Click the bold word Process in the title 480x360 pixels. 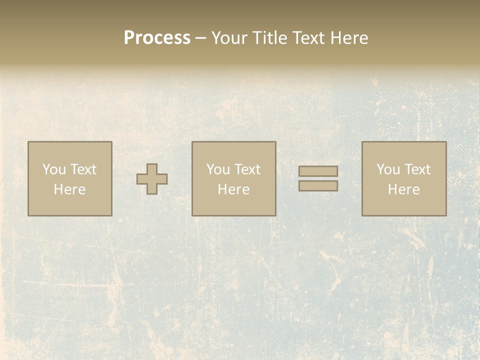tap(157, 38)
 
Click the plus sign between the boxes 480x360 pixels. tap(152, 179)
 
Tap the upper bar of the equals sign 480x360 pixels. tap(318, 171)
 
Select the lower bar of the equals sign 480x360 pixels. tap(318, 186)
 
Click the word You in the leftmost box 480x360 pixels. tap(54, 169)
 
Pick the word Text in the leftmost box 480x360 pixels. tap(83, 169)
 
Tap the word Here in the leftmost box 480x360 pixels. tap(69, 189)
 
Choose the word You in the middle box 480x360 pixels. tap(218, 169)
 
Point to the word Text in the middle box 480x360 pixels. tap(247, 169)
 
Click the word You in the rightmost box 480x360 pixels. tap(388, 169)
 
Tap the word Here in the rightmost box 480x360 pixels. tap(403, 189)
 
